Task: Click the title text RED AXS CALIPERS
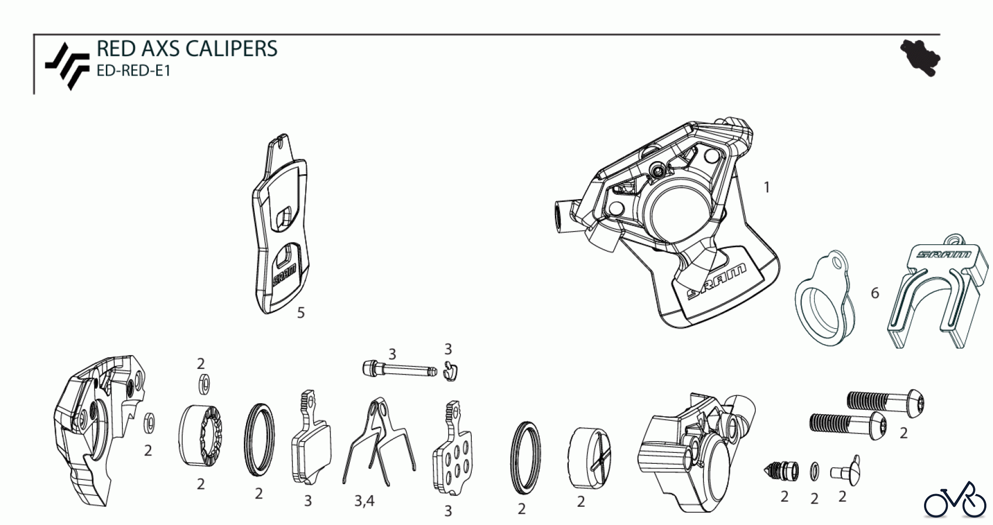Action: coord(186,49)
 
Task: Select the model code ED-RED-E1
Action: coord(133,71)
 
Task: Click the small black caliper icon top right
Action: coord(920,58)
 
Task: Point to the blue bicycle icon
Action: coord(955,499)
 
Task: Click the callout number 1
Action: coord(766,187)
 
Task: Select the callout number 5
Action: coord(301,313)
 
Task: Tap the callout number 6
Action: coord(875,293)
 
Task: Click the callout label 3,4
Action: coord(364,501)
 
